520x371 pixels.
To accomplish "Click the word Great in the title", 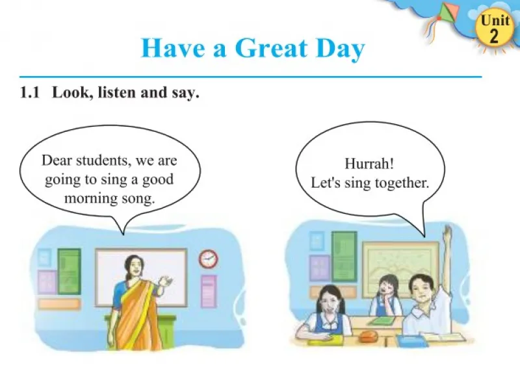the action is click(x=272, y=48).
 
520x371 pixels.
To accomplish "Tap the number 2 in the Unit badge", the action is click(x=494, y=36).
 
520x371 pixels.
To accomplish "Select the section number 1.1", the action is click(x=30, y=92).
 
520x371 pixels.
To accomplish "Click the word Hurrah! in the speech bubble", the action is click(x=369, y=163).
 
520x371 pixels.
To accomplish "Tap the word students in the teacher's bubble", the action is click(x=101, y=160).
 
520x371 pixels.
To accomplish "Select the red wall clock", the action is click(x=208, y=259).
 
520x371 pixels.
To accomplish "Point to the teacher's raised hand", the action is click(x=165, y=282).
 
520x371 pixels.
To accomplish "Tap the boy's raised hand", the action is click(x=448, y=231).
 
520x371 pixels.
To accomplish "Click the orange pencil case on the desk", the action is click(x=367, y=337).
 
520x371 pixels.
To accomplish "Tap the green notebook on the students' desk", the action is click(x=380, y=320).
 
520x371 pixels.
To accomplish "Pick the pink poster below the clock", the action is click(x=209, y=291).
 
